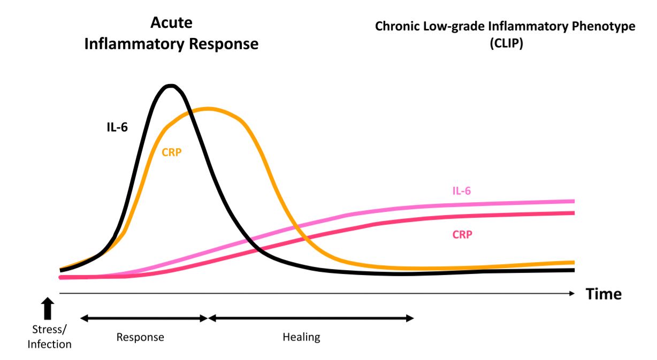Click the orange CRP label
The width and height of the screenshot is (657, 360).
[x=171, y=151]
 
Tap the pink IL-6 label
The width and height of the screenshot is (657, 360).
[x=461, y=190]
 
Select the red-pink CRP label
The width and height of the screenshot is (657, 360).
[x=462, y=234]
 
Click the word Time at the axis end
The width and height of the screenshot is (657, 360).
[x=603, y=294]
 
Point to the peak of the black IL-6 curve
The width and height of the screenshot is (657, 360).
[x=171, y=86]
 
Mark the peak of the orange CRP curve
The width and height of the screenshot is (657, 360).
[x=207, y=109]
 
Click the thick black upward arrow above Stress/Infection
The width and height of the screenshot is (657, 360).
[x=48, y=309]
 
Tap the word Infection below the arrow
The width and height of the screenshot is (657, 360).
[x=49, y=344]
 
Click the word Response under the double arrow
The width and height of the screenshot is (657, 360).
[x=140, y=337]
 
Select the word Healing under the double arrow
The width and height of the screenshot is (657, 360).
[x=301, y=337]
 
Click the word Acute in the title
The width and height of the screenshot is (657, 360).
[x=171, y=23]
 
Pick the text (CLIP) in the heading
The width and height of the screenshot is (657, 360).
[x=506, y=44]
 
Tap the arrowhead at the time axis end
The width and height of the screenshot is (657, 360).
[x=572, y=293]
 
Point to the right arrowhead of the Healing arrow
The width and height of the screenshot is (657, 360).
[x=410, y=318]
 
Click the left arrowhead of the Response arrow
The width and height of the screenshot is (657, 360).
[x=84, y=318]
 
